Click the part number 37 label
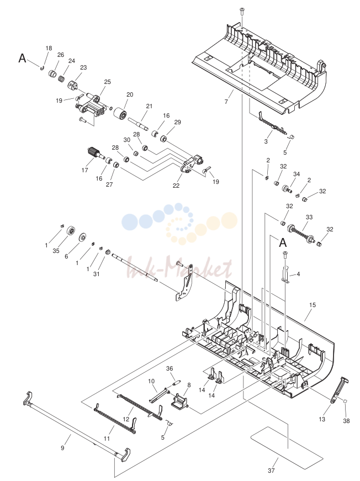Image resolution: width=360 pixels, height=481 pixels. [271, 471]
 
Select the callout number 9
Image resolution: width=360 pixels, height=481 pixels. [62, 448]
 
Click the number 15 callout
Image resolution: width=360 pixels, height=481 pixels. [312, 305]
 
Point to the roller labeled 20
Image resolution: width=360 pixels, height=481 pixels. [120, 115]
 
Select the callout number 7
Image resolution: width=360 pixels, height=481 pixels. [226, 102]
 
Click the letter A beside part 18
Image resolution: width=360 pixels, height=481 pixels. [22, 57]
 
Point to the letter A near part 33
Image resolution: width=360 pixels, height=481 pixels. [283, 242]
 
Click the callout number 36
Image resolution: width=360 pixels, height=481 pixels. [170, 368]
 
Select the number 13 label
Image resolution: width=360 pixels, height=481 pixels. [322, 419]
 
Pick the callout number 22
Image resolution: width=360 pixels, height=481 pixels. [176, 186]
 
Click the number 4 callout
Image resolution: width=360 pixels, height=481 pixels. [298, 274]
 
